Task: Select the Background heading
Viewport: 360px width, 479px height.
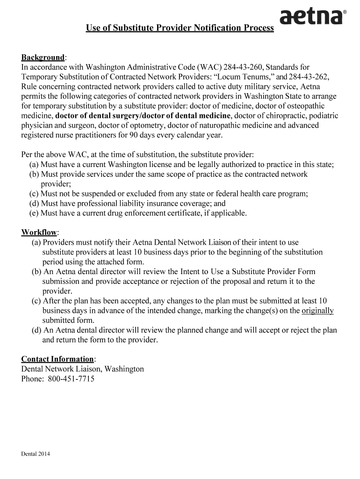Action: [43, 57]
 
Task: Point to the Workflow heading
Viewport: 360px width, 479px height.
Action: [39, 232]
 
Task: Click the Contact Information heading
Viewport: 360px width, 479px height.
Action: [58, 359]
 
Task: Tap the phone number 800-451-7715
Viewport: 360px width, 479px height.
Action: [71, 379]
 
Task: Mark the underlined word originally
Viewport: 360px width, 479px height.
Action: [317, 311]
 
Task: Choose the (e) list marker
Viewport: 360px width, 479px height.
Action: [34, 213]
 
